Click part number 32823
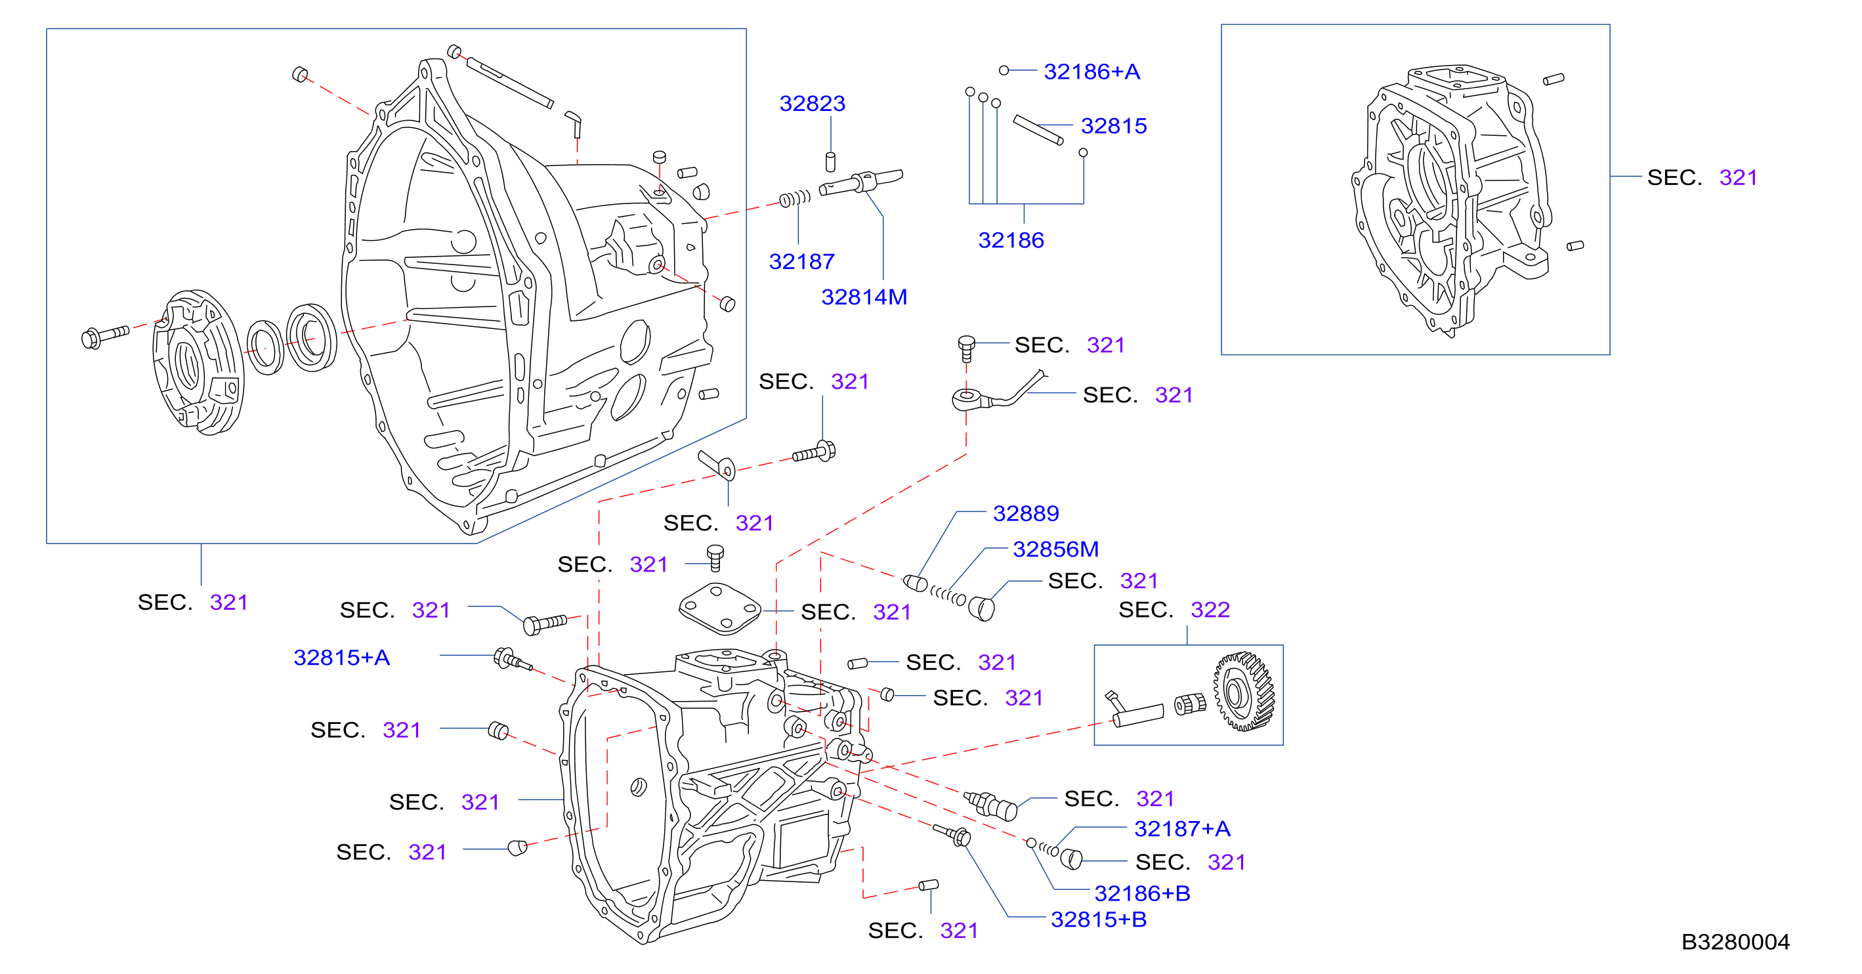[812, 104]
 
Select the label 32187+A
[1182, 829]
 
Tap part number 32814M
[864, 297]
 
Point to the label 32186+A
[1091, 72]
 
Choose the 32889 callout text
[1026, 513]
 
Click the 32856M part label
[1055, 549]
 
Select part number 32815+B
[1099, 920]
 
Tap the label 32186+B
[1142, 894]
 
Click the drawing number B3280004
[1735, 942]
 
